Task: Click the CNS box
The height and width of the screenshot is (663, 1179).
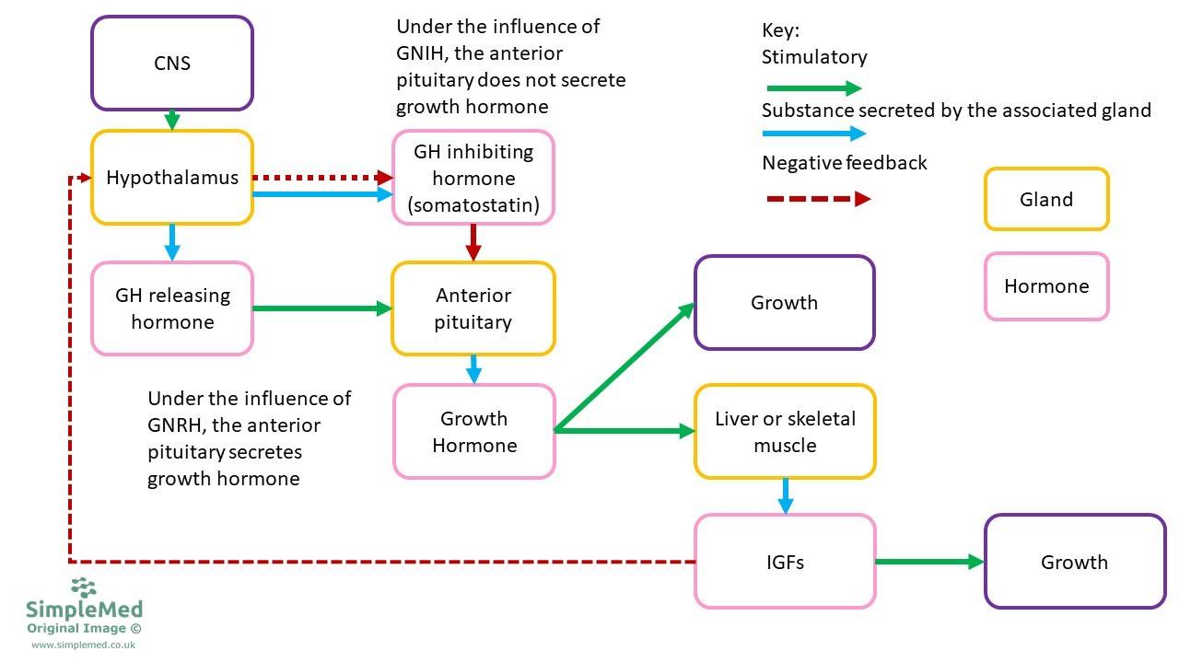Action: (x=171, y=64)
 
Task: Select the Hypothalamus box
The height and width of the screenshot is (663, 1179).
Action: (x=171, y=178)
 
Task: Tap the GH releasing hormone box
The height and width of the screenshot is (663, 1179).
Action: (x=171, y=308)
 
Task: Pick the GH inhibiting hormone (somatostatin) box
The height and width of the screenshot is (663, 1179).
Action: (x=473, y=178)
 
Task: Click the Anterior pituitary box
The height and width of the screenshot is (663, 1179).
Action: (x=473, y=308)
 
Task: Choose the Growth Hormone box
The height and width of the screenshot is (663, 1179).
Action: (x=473, y=431)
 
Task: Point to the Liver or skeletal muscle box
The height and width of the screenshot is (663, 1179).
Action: (x=785, y=431)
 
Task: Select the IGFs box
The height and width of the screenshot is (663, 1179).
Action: (x=785, y=562)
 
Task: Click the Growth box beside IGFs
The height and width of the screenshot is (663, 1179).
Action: (x=1074, y=562)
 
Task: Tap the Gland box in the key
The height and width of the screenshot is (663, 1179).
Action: (x=1045, y=199)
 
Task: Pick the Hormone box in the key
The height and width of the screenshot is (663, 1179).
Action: (x=1045, y=286)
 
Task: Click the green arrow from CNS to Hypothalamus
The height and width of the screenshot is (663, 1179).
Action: (x=171, y=121)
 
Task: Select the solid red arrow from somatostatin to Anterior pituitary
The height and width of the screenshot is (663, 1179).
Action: (x=473, y=242)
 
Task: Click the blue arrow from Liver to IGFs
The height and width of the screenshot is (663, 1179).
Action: (x=785, y=496)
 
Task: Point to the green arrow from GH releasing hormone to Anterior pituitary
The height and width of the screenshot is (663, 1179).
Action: (x=322, y=308)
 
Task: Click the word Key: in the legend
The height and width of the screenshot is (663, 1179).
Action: (x=780, y=30)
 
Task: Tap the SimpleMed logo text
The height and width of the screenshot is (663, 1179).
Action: (x=84, y=610)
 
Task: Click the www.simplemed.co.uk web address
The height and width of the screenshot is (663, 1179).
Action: (x=84, y=645)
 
